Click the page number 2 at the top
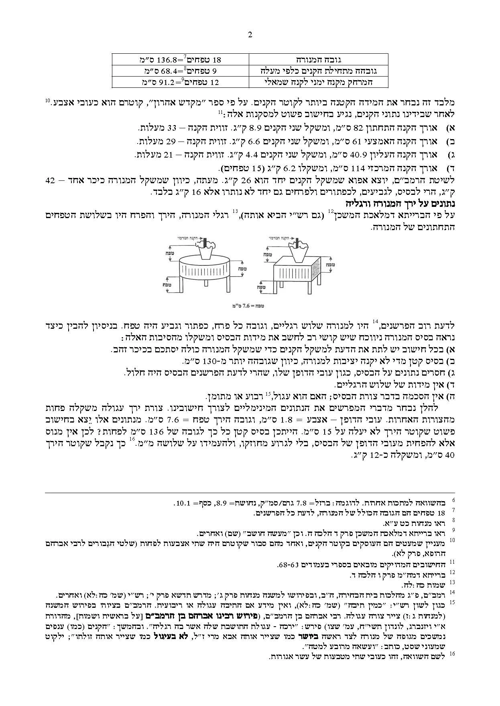click(250, 35)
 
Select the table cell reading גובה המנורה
click(319, 60)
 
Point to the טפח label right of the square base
click(330, 265)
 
